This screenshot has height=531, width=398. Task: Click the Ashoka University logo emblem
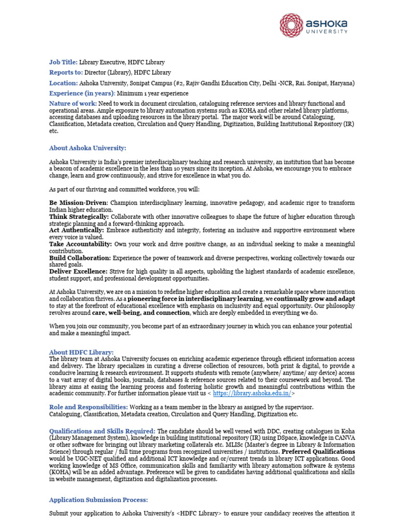pyautogui.click(x=291, y=25)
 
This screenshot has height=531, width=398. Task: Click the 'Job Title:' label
pyautogui.click(x=63, y=62)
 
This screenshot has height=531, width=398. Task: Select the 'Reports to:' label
pyautogui.click(x=66, y=73)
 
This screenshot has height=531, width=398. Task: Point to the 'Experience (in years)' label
pyautogui.click(x=81, y=93)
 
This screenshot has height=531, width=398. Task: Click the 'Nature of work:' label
pyautogui.click(x=73, y=104)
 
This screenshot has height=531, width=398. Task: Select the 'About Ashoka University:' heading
pyautogui.click(x=88, y=148)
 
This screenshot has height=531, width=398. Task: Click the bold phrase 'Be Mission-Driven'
pyautogui.click(x=78, y=202)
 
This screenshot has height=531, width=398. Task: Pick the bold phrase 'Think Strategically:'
pyautogui.click(x=79, y=216)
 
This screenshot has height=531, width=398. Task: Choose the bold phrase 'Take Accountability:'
pyautogui.click(x=80, y=244)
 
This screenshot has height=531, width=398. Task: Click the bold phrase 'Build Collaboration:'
pyautogui.click(x=80, y=258)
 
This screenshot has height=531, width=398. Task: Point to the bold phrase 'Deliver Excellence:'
pyautogui.click(x=78, y=271)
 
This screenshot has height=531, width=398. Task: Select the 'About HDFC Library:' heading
pyautogui.click(x=81, y=353)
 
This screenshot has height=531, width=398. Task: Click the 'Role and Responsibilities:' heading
pyautogui.click(x=88, y=408)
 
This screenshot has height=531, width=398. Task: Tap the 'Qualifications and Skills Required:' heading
pyautogui.click(x=102, y=431)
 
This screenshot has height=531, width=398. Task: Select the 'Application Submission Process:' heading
pyautogui.click(x=98, y=500)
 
